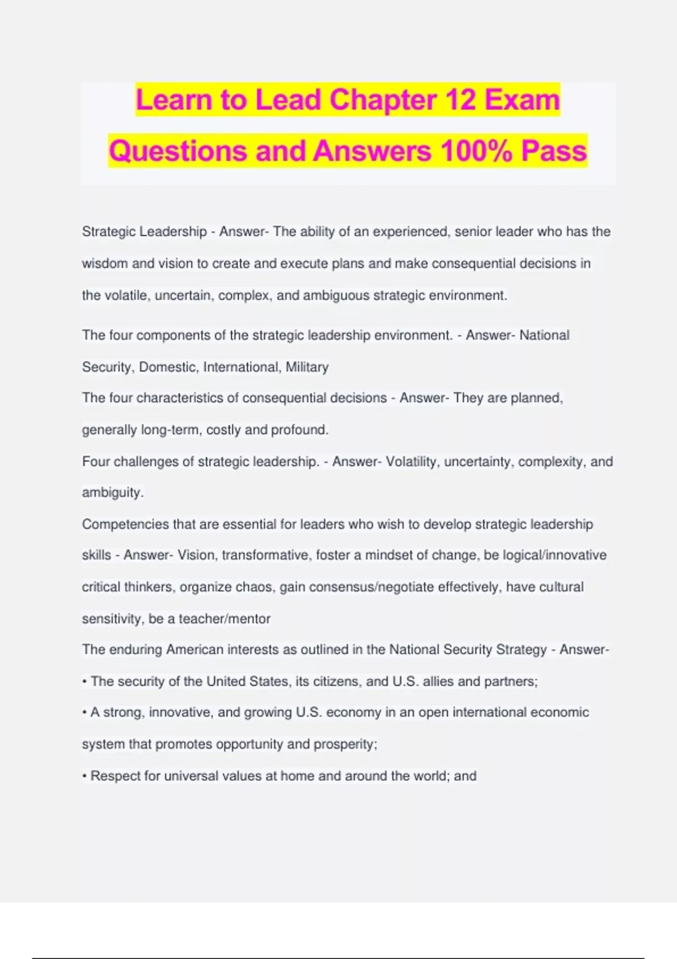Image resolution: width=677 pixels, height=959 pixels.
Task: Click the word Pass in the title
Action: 554,151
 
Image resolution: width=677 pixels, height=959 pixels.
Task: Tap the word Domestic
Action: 169,367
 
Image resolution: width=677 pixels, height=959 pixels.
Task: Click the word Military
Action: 307,367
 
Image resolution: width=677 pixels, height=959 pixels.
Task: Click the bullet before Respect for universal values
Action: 85,777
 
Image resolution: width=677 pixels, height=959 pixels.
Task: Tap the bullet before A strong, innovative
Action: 85,713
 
